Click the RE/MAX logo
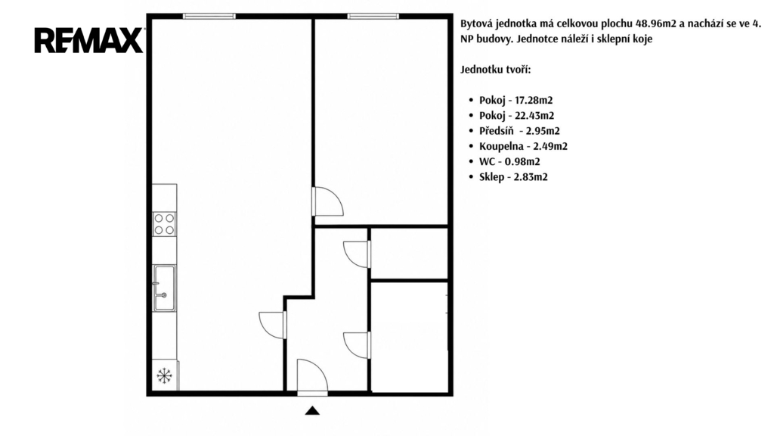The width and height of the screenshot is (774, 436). (89, 40)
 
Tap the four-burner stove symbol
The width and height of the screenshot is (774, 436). (164, 224)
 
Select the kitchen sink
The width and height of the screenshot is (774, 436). (164, 288)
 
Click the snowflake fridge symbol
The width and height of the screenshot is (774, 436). (164, 375)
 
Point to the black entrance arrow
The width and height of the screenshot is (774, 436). (312, 410)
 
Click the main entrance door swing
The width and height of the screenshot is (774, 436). (312, 375)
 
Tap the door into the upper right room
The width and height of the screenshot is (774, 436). (327, 201)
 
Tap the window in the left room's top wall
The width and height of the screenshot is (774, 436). (209, 17)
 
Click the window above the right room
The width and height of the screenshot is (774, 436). (373, 17)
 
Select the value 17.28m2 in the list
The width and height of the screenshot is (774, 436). (534, 101)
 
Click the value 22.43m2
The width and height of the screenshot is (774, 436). (534, 116)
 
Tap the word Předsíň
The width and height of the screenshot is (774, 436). (496, 130)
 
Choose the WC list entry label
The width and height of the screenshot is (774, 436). (487, 162)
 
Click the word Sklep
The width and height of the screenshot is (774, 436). (491, 177)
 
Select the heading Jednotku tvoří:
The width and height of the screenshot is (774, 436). (496, 70)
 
